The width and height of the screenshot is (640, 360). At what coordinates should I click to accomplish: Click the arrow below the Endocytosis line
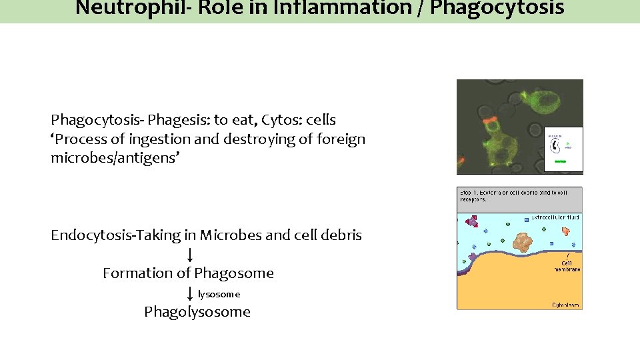pos(190,254)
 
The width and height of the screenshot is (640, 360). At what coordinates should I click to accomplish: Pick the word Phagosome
pos(234,273)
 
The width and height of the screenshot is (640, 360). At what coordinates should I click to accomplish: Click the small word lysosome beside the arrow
pos(219,294)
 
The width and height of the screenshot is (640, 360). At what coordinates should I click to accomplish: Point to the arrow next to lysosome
pos(190,293)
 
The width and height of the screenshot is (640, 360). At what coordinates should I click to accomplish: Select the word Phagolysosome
pos(197,311)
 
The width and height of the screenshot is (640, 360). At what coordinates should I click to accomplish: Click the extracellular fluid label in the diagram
pos(555,218)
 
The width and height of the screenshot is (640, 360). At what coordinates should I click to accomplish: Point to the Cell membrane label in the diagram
pos(565,266)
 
